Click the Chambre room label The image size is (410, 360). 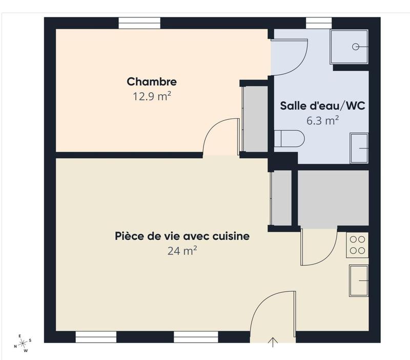coord(152,81)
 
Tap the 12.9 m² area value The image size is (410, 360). coord(152,96)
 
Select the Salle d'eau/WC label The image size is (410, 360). coord(322,106)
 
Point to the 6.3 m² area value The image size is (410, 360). coord(322,121)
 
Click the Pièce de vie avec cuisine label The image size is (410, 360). coord(182,236)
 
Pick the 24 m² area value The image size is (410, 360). coord(182,251)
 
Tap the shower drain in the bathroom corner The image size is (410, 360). coord(356,47)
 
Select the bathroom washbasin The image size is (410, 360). coord(359,148)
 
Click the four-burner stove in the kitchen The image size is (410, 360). coord(358,245)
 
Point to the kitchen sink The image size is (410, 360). coord(359,281)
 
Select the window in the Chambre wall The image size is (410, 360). coord(139,23)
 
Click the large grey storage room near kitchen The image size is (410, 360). coord(333,199)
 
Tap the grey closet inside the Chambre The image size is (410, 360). coord(255,119)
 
